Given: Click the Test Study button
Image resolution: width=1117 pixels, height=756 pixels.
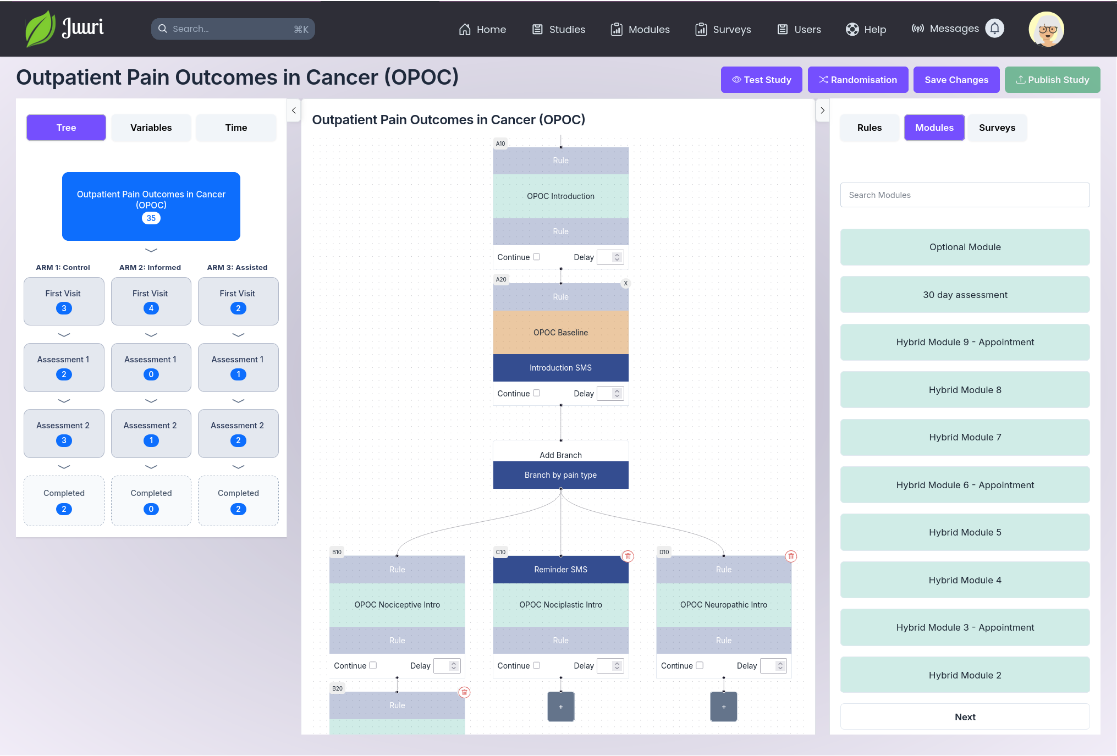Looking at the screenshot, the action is [761, 80].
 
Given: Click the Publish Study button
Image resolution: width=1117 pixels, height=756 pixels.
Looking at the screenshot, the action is [1052, 80].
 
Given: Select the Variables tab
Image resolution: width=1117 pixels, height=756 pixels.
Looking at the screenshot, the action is [151, 128].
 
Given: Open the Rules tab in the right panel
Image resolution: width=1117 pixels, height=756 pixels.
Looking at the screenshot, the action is [869, 128].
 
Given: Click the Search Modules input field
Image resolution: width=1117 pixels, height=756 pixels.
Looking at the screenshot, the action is [965, 195].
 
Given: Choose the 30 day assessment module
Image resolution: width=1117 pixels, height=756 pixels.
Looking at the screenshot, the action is [965, 295].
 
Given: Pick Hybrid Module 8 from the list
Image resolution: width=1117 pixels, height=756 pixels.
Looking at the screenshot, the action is [965, 390].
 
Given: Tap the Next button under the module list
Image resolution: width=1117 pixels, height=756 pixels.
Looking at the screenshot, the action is [965, 717].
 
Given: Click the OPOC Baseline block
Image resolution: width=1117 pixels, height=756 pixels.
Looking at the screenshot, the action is [560, 333].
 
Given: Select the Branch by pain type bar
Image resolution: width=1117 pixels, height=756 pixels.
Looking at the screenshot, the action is [560, 475].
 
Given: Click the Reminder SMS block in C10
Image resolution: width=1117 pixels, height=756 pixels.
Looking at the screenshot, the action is [560, 570].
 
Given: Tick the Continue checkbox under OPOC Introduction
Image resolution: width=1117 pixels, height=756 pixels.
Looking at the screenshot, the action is [537, 257].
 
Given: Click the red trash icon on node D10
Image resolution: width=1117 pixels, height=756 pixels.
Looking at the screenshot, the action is [791, 556].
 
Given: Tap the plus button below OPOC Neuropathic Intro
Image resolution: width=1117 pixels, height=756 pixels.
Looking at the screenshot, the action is [724, 707].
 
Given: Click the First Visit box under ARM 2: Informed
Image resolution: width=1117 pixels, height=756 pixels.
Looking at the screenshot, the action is [151, 301].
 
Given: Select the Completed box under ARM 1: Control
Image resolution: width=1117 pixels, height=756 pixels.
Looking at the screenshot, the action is [64, 501].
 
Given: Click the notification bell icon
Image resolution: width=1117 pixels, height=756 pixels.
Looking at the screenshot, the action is [994, 29].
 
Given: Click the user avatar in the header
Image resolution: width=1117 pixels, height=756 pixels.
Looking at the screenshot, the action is [1046, 29].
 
